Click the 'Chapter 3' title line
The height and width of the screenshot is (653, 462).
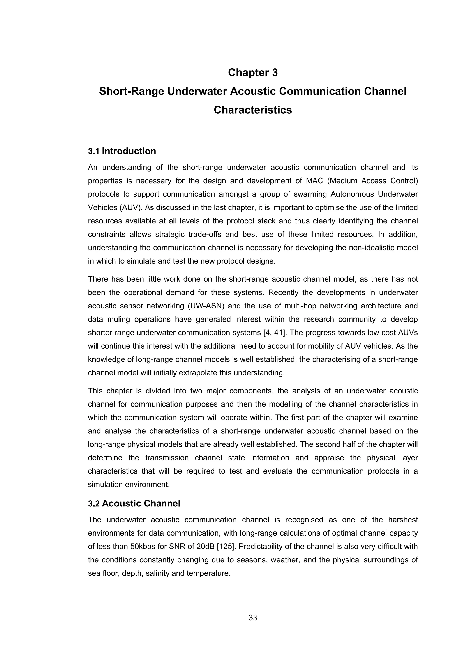pyautogui.click(x=253, y=73)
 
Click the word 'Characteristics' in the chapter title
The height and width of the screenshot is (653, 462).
pyautogui.click(x=253, y=110)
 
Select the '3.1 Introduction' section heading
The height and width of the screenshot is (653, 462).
pyautogui.click(x=122, y=151)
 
